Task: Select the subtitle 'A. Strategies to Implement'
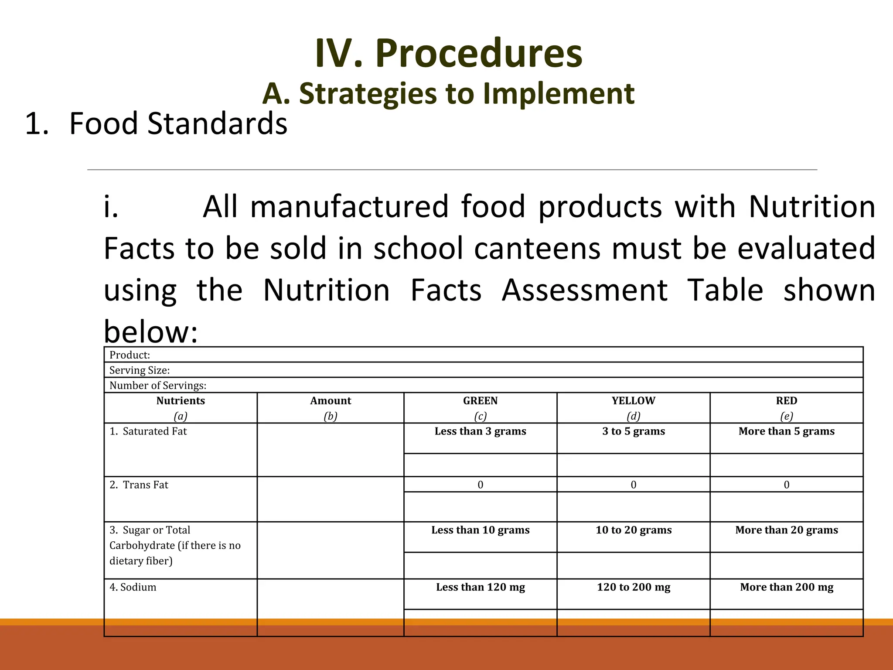point(448,93)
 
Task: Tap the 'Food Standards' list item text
point(178,123)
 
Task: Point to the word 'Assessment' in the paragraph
point(584,290)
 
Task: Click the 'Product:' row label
point(130,355)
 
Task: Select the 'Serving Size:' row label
point(140,370)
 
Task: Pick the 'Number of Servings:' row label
point(158,386)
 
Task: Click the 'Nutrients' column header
point(181,401)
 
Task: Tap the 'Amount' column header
point(331,401)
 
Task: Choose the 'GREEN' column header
point(480,401)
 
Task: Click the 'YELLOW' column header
point(633,401)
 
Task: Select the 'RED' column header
point(786,401)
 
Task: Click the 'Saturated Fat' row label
point(154,431)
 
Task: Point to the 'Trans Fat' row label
point(145,485)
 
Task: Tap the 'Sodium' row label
point(138,587)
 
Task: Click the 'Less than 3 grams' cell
point(480,431)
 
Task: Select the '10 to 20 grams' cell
point(634,530)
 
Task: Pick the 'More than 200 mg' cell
point(787,587)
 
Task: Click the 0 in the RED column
point(786,485)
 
